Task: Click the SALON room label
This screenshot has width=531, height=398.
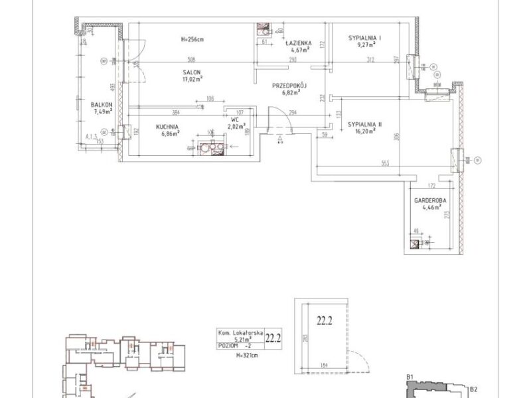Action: (192, 73)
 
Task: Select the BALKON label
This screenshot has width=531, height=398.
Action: (102, 104)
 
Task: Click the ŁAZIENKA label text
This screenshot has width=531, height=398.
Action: (299, 41)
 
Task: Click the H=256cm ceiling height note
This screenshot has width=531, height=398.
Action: (192, 39)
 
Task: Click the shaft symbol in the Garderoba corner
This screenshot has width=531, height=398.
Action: (416, 243)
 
